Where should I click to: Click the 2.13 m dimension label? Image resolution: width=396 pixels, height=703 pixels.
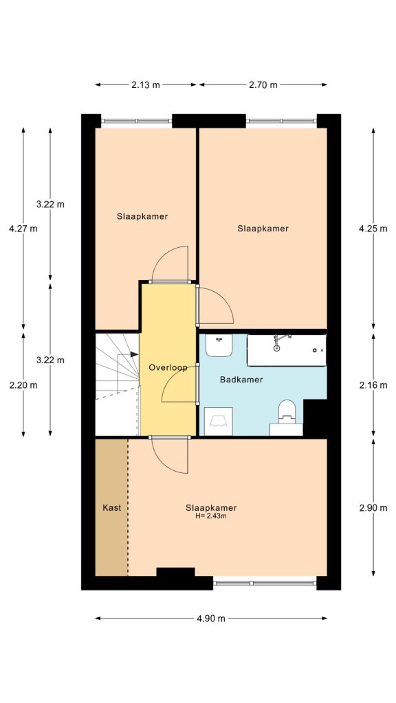coord(145,85)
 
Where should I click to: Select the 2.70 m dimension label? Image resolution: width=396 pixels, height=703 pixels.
coord(263,85)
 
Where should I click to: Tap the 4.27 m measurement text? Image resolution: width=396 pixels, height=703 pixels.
coord(23,229)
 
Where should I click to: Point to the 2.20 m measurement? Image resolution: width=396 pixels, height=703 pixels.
coord(23,384)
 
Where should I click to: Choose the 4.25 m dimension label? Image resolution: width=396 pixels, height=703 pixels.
coord(373,229)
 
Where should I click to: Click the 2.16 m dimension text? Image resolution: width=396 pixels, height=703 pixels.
coord(373,384)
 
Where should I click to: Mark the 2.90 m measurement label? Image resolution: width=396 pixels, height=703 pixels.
coord(373,507)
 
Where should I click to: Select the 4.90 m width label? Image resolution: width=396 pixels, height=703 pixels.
coord(210,618)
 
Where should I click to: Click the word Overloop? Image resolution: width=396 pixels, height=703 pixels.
coord(168,367)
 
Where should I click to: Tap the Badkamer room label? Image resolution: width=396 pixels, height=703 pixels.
coord(241,379)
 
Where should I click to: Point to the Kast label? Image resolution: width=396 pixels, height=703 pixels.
coord(111,507)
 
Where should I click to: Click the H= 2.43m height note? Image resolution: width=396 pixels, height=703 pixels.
coord(211,516)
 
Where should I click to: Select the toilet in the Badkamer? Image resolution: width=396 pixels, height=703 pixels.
coord(287,415)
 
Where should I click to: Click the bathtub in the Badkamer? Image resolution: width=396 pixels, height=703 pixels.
coord(286,349)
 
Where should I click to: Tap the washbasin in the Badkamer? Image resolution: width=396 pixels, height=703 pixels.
coord(219,345)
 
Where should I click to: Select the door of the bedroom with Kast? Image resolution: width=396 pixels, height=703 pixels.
coord(169,454)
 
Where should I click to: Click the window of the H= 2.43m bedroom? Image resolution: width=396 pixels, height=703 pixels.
coord(264,583)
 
